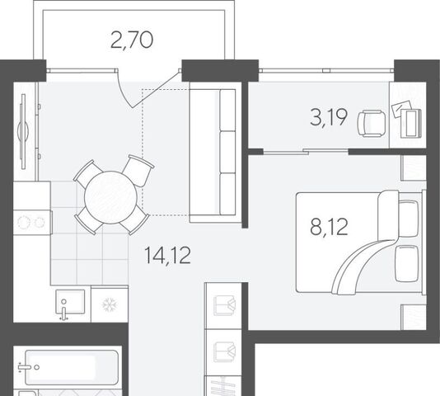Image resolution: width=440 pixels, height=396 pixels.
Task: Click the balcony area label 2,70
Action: pyautogui.click(x=132, y=40)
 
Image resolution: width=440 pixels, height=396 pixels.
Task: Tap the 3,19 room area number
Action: pyautogui.click(x=329, y=118)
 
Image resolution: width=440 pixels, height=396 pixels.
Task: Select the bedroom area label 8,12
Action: pyautogui.click(x=329, y=227)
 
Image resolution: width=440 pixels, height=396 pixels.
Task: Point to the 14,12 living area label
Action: pyautogui.click(x=167, y=255)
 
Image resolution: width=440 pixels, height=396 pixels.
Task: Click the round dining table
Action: pyautogui.click(x=111, y=197)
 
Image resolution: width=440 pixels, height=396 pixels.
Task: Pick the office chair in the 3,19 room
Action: pyautogui.click(x=372, y=124)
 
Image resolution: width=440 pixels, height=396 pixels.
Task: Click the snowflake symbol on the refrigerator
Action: pyautogui.click(x=110, y=304)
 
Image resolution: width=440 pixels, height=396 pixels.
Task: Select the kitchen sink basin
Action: pyautogui.click(x=70, y=302)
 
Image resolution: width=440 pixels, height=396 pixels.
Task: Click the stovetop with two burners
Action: pyautogui.click(x=31, y=222)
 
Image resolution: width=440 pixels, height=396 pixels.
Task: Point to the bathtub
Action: pyautogui.click(x=72, y=367)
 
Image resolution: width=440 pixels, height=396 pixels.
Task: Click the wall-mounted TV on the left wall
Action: pyautogui.click(x=23, y=131)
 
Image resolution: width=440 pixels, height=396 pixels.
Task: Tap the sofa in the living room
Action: pyautogui.click(x=215, y=153)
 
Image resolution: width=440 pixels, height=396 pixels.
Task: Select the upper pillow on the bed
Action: pyautogui.click(x=409, y=219)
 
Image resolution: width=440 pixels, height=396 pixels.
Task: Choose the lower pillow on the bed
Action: pyautogui.click(x=406, y=263)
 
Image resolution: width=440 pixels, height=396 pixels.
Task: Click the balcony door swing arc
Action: pyautogui.click(x=123, y=92)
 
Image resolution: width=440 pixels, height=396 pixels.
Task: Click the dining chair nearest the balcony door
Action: pyautogui.click(x=138, y=170)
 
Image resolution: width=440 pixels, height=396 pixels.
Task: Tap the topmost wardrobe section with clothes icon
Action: pyautogui.click(x=223, y=305)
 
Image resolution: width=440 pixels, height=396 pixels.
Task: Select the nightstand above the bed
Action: pyautogui.click(x=414, y=167)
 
